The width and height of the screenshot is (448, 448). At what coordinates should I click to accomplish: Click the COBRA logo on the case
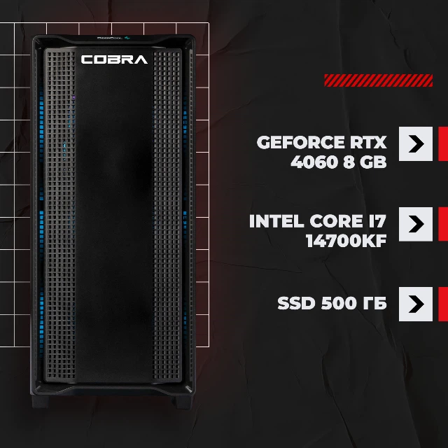point(114,59)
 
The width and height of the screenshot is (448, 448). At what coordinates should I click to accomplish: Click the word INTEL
point(276,221)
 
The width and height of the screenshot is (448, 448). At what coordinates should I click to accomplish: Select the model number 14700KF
point(346,241)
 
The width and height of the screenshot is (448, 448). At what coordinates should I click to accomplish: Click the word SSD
point(296,303)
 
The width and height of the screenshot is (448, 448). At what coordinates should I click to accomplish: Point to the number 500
point(339,303)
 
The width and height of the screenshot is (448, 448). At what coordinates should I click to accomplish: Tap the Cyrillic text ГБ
point(375,303)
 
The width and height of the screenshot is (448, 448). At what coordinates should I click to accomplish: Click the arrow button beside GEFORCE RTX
point(416,143)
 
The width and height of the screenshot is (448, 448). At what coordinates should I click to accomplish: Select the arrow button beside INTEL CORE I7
point(416,224)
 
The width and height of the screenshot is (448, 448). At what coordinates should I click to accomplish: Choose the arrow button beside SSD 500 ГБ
point(416,304)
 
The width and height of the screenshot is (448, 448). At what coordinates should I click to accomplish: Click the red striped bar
point(378,80)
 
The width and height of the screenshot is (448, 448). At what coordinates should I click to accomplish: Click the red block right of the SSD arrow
point(443,304)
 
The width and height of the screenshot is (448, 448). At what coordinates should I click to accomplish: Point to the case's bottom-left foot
point(40,401)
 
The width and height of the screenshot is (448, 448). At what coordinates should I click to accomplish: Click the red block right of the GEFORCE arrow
point(443,143)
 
